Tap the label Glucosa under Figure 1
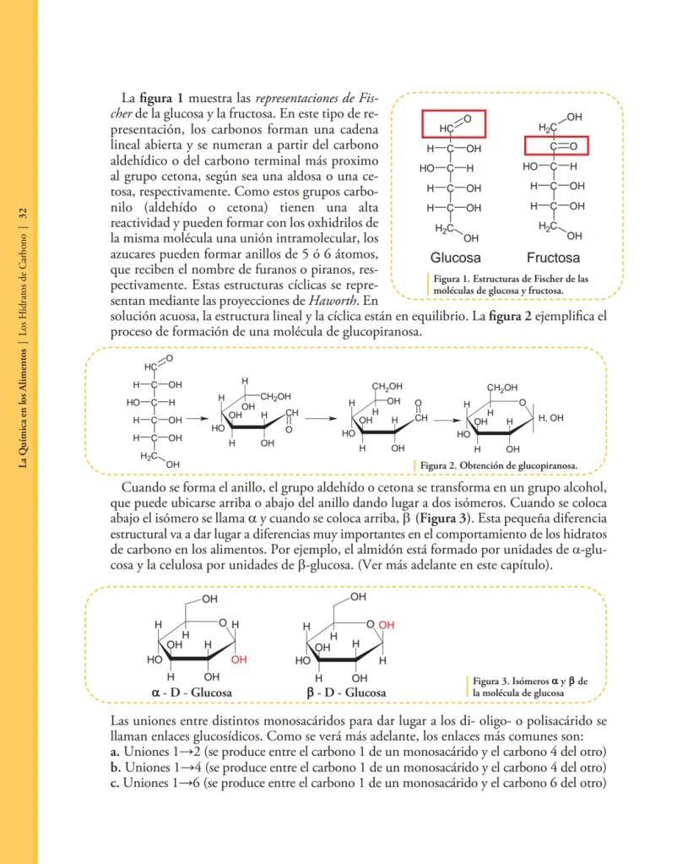(x=455, y=258)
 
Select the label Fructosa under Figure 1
(x=553, y=258)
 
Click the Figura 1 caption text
(x=511, y=284)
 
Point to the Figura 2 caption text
(x=499, y=465)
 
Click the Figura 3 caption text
(x=529, y=687)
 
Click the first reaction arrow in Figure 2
(x=197, y=417)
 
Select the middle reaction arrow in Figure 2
(x=321, y=417)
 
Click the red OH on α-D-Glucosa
(x=239, y=660)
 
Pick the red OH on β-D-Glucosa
(x=387, y=625)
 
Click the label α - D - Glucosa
(x=192, y=693)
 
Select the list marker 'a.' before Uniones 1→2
(x=116, y=752)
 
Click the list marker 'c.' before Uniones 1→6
(x=116, y=782)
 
